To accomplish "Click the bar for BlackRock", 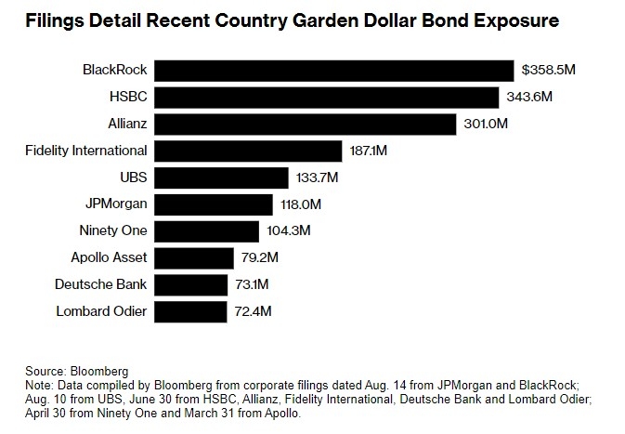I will [x=333, y=71].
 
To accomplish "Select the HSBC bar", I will [x=326, y=98].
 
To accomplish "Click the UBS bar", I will [x=221, y=178].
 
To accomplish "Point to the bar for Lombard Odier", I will [x=189, y=311].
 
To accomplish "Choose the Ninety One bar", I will [x=206, y=231].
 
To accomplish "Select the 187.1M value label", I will [x=370, y=151].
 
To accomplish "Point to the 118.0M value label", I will [x=299, y=204].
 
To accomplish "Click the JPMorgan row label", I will [x=116, y=204].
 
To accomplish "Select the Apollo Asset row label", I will [x=110, y=257].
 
